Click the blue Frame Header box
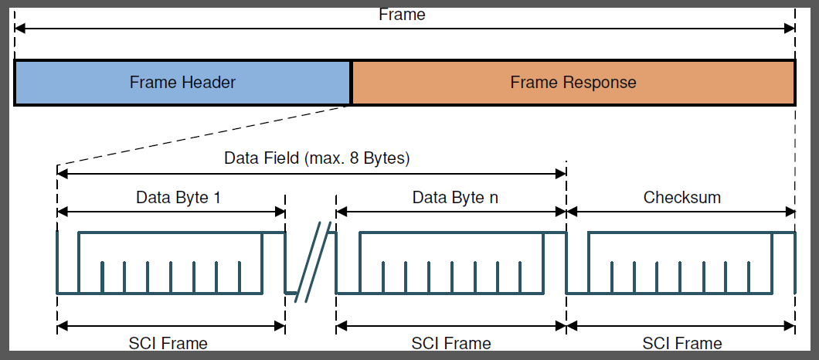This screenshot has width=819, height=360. click(x=182, y=83)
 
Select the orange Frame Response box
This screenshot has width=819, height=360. click(x=573, y=83)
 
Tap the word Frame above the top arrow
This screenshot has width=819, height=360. click(x=402, y=15)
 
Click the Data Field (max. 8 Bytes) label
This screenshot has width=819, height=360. click(x=316, y=159)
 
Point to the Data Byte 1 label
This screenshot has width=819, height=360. click(x=178, y=197)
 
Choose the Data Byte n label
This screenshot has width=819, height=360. click(x=455, y=197)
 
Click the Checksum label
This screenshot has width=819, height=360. click(x=682, y=197)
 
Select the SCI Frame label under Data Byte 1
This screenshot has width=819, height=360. click(x=168, y=343)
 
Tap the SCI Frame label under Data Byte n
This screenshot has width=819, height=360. click(x=451, y=343)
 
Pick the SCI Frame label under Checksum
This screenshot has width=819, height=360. click(x=682, y=343)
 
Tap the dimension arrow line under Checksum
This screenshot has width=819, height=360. click(x=681, y=211)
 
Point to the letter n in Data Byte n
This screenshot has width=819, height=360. click(x=494, y=198)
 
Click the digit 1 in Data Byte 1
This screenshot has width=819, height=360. click(x=217, y=197)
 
